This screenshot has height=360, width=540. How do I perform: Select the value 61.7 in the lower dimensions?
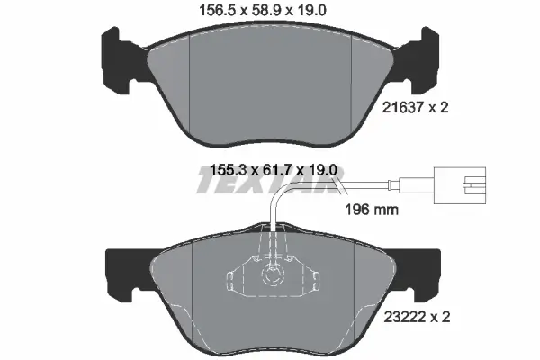click(269, 169)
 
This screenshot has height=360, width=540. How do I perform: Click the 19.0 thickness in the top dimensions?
click(319, 11)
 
